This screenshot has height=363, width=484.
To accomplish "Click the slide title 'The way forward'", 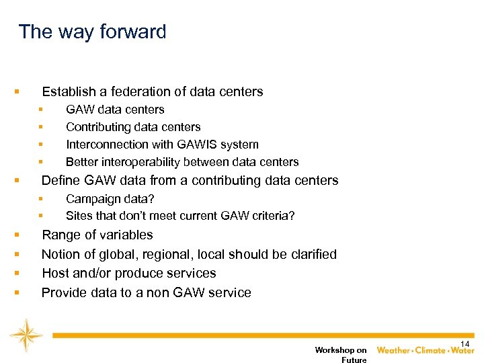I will [x=92, y=32].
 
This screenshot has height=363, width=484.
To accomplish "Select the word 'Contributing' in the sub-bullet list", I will [x=98, y=127].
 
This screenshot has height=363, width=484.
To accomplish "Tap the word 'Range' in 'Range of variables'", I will [x=60, y=235].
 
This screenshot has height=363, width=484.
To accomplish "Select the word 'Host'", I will [x=55, y=274].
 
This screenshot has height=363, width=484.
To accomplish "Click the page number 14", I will [x=465, y=344].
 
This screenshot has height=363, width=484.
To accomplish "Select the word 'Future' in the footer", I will [x=354, y=360].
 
